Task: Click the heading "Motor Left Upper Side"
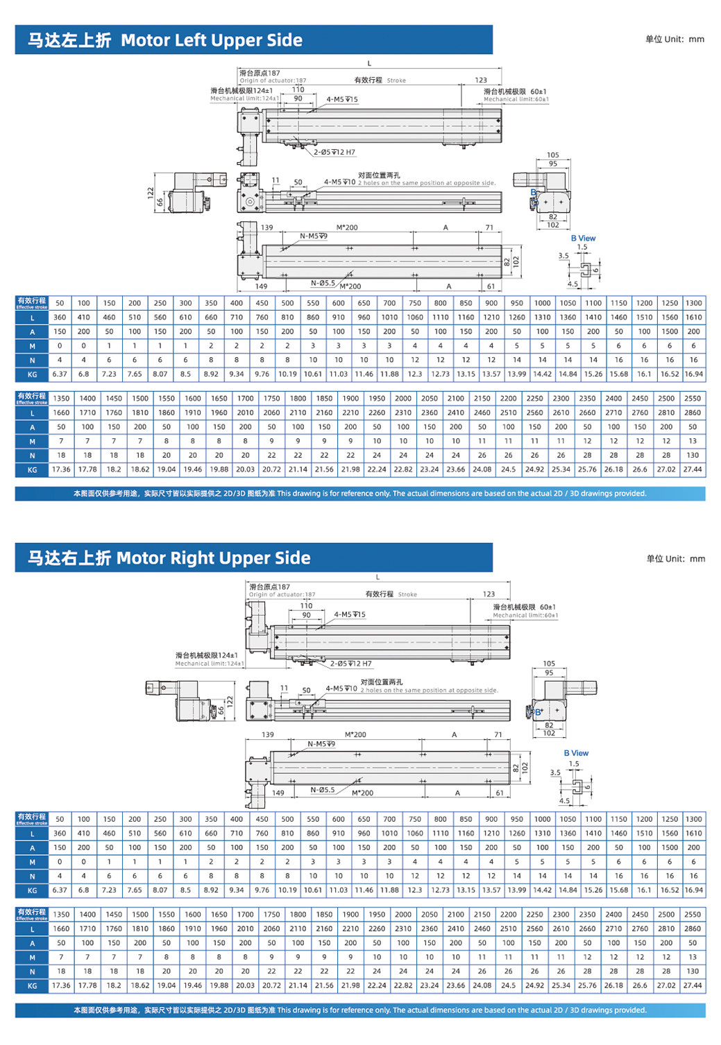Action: click(211, 40)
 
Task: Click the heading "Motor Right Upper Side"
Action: click(213, 558)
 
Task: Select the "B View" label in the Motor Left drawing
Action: click(583, 239)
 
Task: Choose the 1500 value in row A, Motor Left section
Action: click(670, 331)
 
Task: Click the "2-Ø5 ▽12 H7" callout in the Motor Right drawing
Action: click(350, 664)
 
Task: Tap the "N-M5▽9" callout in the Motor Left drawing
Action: click(314, 236)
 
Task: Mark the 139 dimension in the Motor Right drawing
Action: click(268, 734)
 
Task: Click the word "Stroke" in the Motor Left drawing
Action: click(396, 80)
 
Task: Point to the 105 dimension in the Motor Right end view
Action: click(549, 664)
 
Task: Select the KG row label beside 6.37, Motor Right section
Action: click(32, 890)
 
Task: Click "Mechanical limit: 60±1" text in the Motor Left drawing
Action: click(516, 99)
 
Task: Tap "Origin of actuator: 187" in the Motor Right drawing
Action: click(282, 594)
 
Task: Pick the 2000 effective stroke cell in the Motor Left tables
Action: click(403, 399)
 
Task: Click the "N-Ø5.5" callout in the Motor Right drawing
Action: click(323, 790)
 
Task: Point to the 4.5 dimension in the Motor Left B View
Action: click(572, 284)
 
